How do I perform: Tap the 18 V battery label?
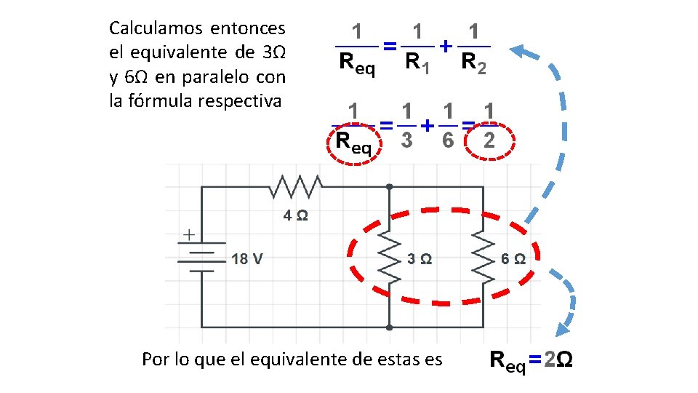click(x=247, y=258)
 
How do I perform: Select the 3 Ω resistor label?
click(x=420, y=258)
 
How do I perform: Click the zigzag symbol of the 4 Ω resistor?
click(x=295, y=187)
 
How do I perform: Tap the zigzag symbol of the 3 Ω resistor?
click(x=390, y=258)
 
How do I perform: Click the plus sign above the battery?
click(x=188, y=235)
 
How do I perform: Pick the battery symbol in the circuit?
click(x=201, y=258)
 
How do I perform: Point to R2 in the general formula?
click(x=473, y=63)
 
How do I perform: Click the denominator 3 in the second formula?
click(x=407, y=140)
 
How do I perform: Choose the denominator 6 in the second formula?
click(x=449, y=140)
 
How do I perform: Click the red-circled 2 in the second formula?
click(x=489, y=140)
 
